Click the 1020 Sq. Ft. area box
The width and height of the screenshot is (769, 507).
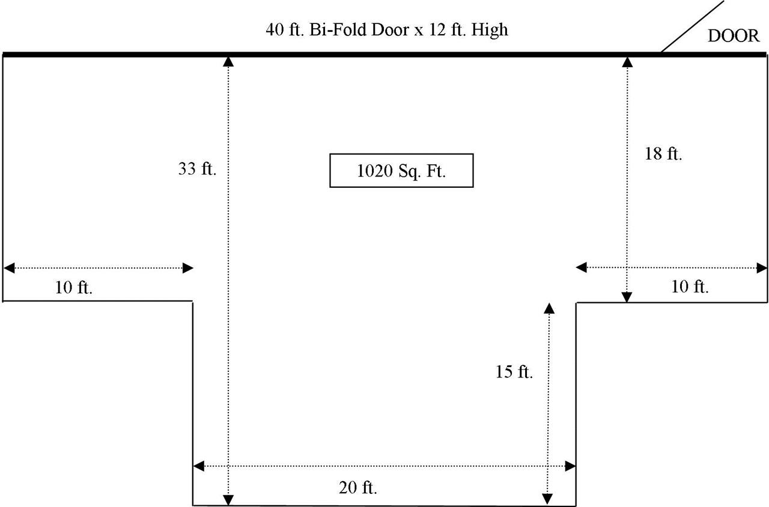(x=401, y=170)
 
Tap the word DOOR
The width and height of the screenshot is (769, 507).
(x=734, y=36)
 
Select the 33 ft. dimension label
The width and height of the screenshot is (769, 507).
(x=197, y=169)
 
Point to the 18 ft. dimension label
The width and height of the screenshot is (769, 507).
(x=663, y=154)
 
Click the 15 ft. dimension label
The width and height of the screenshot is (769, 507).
(x=514, y=371)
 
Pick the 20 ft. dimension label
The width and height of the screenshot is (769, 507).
(x=357, y=487)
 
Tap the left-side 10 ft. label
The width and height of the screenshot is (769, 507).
(x=74, y=287)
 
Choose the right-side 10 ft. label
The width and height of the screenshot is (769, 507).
(x=690, y=287)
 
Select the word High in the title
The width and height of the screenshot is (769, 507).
(x=490, y=30)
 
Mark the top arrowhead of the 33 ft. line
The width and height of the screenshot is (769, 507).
(x=228, y=62)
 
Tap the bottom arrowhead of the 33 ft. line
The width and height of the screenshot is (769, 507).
(x=228, y=500)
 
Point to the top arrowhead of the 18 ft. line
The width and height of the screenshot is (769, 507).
(x=627, y=62)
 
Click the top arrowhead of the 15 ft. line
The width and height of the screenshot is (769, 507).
(x=549, y=308)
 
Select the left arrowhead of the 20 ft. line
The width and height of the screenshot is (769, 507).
(x=199, y=466)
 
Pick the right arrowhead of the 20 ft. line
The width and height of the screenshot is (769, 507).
(x=570, y=466)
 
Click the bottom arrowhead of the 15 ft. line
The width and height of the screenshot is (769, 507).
(x=547, y=499)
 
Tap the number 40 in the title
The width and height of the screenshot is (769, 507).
(x=275, y=30)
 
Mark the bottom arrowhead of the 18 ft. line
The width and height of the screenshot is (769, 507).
(x=627, y=297)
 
